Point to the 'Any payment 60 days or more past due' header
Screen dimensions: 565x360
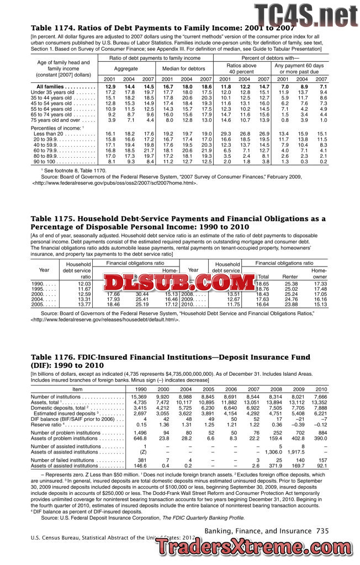coord(299,68)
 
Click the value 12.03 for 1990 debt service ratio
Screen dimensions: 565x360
coord(84,284)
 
